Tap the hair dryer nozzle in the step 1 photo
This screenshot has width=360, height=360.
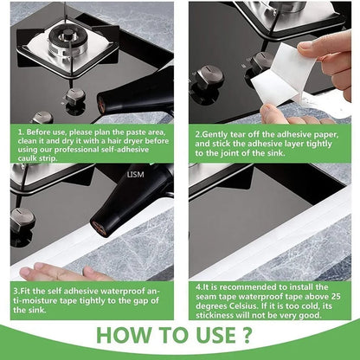click(105, 104)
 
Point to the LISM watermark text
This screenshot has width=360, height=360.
click(134, 174)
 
